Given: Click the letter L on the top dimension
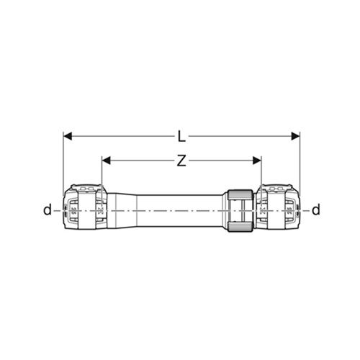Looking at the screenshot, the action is click(x=181, y=137).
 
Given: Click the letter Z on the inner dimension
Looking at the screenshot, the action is click(x=181, y=161).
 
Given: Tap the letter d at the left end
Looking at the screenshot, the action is click(x=48, y=210).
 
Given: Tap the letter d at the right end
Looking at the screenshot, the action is click(x=316, y=210).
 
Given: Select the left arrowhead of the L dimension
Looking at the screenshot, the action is click(x=68, y=136).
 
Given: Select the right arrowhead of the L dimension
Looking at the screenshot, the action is click(x=295, y=136).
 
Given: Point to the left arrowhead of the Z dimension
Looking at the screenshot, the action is click(x=106, y=161).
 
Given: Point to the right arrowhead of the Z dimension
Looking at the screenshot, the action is click(x=257, y=161).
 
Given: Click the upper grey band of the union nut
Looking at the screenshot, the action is click(x=240, y=194).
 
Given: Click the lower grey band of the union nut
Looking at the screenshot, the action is click(x=240, y=227).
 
